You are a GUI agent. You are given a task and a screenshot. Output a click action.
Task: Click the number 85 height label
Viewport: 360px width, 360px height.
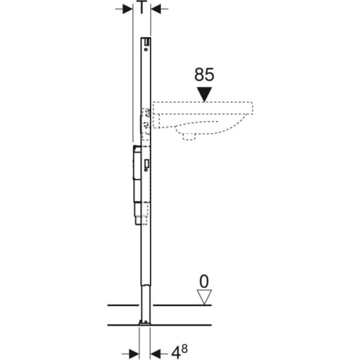coord(204,75)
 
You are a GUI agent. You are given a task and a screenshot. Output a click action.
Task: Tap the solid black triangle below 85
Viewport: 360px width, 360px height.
coord(204,94)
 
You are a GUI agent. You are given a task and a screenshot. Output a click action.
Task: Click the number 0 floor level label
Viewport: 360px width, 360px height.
coord(204,281)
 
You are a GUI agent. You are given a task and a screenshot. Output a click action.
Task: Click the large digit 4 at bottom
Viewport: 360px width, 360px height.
coord(176,352)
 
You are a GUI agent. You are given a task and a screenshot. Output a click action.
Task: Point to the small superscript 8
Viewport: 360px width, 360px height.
coord(184,349)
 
